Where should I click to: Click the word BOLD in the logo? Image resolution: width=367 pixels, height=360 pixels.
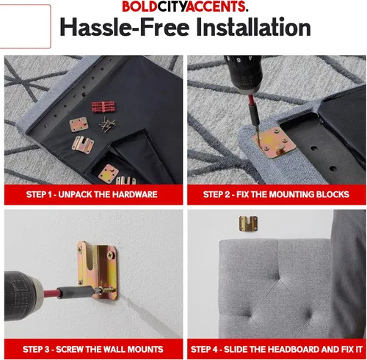[x=139, y=7]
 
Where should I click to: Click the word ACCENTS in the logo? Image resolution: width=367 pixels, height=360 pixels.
[x=216, y=7]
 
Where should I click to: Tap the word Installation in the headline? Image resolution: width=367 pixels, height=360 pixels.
[x=253, y=27]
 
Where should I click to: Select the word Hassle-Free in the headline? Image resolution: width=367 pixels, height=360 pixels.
[x=125, y=27]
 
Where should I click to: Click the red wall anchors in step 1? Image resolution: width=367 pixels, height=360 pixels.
[x=103, y=106]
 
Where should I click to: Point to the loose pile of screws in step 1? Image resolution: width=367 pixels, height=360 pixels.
[x=107, y=125]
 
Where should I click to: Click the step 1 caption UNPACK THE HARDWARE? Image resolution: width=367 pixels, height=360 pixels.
[x=108, y=194]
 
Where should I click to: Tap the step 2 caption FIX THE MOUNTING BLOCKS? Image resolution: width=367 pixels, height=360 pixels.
[x=293, y=194]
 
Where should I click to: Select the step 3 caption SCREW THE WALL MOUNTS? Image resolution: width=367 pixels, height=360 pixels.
[x=109, y=349]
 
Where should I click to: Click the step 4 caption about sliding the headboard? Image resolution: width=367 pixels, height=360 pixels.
[x=277, y=349]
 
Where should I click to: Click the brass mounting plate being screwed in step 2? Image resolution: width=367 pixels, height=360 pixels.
[x=275, y=142]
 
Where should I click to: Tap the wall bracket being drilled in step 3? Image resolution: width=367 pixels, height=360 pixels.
[x=98, y=270]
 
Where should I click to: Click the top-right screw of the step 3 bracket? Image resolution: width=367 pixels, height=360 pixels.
[x=112, y=255]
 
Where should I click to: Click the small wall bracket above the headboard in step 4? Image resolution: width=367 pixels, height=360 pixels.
[x=248, y=224]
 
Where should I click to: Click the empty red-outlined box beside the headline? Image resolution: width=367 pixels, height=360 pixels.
[x=25, y=26]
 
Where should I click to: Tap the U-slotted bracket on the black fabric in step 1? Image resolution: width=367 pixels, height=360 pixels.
[x=83, y=144]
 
